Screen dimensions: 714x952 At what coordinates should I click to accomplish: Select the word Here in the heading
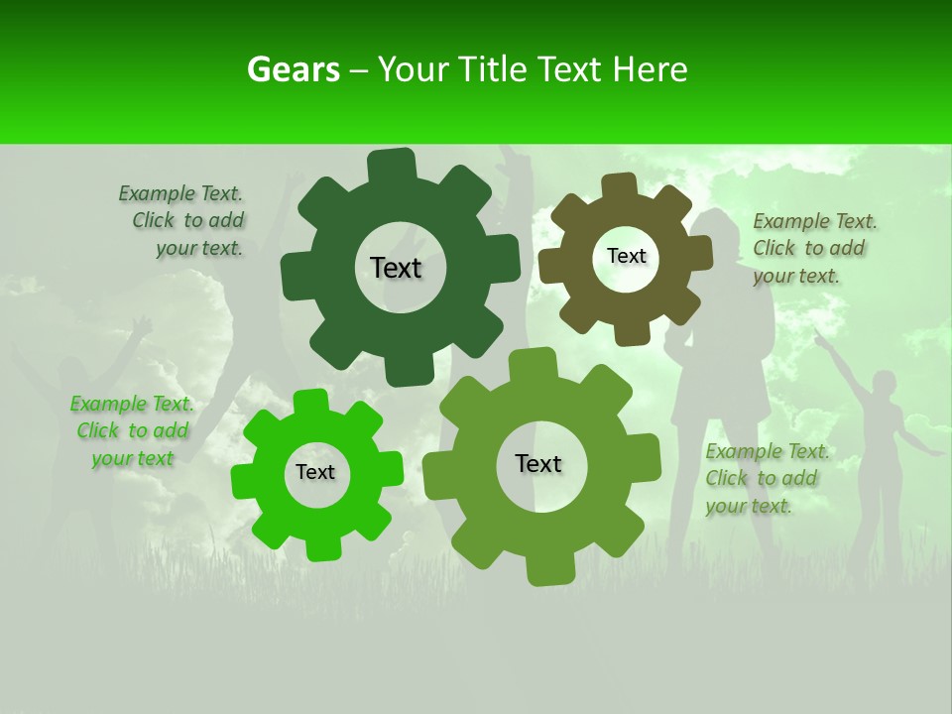click(x=650, y=69)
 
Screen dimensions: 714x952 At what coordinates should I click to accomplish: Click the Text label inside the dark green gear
click(x=396, y=268)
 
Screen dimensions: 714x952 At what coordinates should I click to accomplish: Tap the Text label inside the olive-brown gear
click(x=626, y=256)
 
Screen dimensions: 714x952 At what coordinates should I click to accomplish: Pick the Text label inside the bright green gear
click(x=315, y=472)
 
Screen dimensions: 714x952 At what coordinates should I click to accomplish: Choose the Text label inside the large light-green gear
click(x=538, y=463)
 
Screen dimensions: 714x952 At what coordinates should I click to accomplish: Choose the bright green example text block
click(x=132, y=431)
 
